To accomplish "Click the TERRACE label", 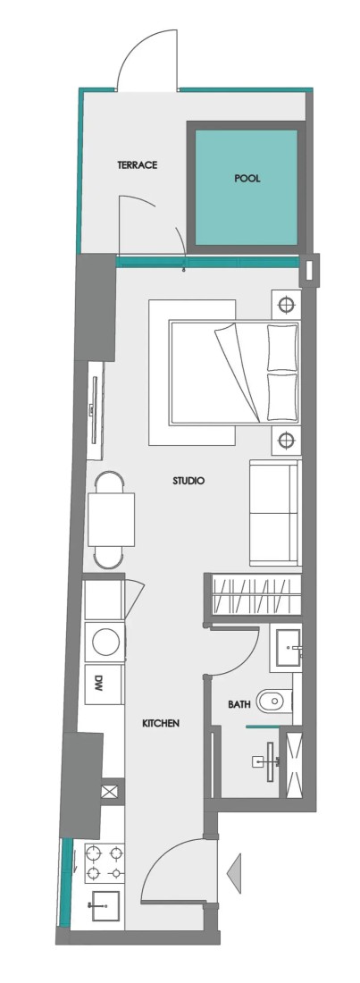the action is [137, 165].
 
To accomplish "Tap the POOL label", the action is [247, 179].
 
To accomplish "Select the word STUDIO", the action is [188, 481].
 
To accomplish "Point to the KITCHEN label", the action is [161, 723].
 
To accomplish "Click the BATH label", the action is [239, 704].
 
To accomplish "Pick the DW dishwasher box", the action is [105, 684].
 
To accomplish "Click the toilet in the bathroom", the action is [274, 701].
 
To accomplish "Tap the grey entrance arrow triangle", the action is [234, 872].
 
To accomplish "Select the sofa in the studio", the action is [275, 513].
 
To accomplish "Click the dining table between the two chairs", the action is [112, 519].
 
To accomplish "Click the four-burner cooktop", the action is [105, 862].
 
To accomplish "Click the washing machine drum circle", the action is [106, 642].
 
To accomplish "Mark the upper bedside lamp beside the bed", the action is [286, 305].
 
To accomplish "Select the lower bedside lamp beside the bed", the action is [286, 441].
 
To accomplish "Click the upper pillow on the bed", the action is [282, 348].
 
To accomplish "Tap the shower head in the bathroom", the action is [271, 761].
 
